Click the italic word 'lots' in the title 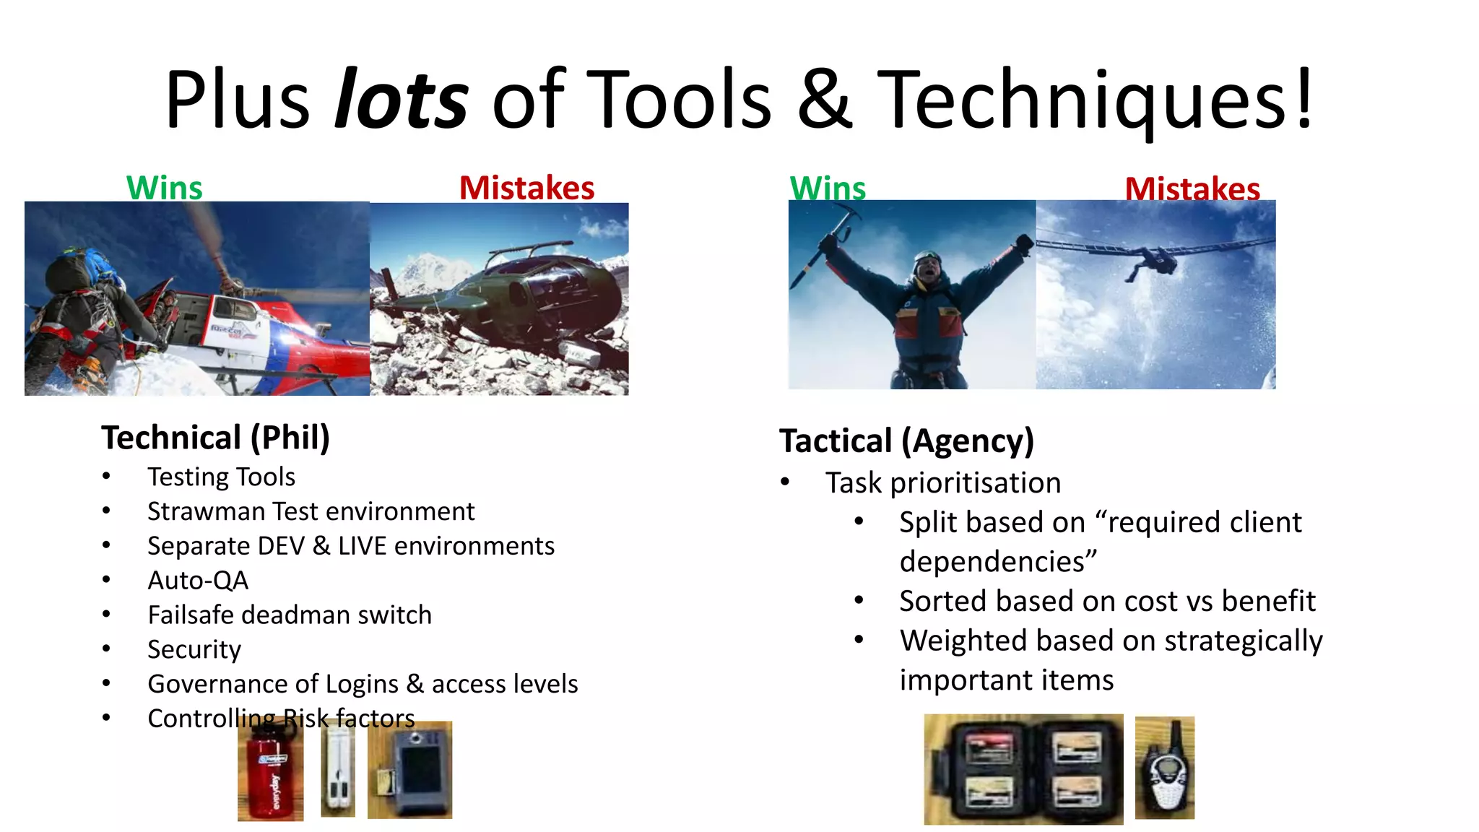402,100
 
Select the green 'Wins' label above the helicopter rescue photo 165,188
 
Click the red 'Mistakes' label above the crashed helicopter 526,188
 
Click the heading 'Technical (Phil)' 215,438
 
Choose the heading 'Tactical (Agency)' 906,441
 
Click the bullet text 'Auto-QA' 198,581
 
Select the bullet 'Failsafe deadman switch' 290,615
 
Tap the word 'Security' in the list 194,650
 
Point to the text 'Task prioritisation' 943,483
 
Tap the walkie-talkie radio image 1164,768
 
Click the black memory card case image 1023,770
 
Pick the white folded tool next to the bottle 337,770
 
